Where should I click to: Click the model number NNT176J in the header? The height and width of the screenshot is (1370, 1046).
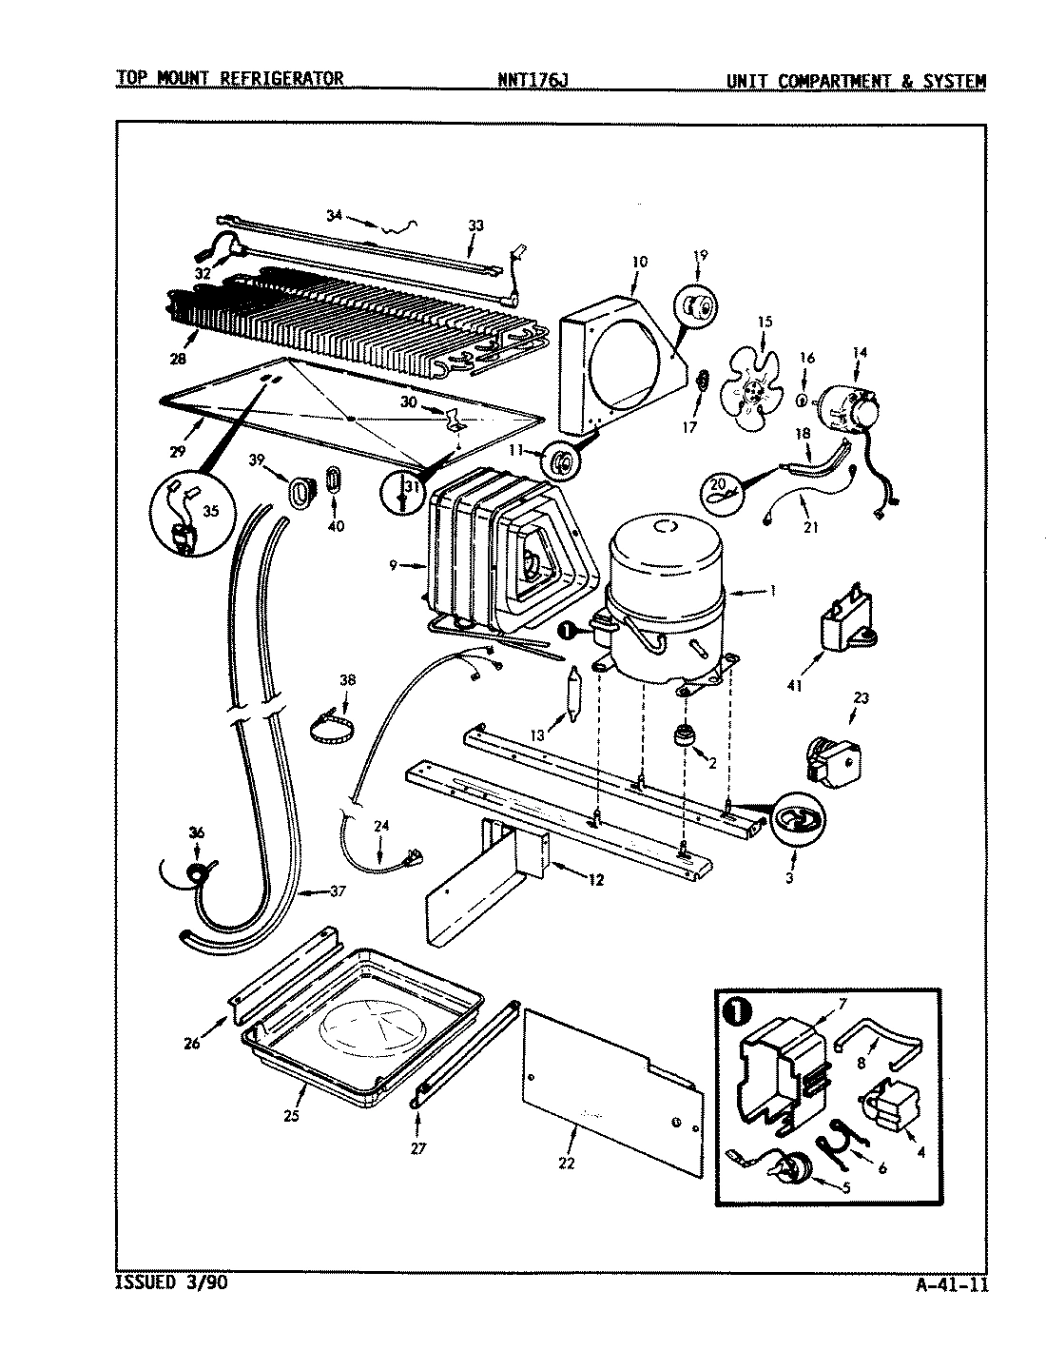click(x=533, y=80)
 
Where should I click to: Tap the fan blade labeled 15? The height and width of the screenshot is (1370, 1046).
click(x=750, y=385)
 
